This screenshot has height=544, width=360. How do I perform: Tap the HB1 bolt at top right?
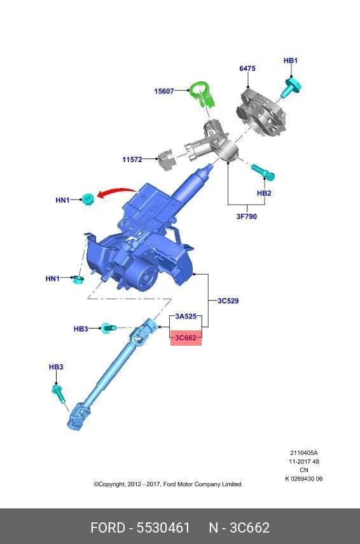click(x=291, y=88)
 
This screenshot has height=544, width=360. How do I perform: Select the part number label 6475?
click(x=247, y=69)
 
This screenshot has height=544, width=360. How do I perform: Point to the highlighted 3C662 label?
click(x=186, y=337)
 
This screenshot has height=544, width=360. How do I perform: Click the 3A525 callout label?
click(x=186, y=316)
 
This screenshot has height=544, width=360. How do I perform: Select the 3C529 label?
click(x=228, y=301)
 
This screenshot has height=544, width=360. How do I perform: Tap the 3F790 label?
click(x=247, y=217)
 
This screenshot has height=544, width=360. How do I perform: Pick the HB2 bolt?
click(x=263, y=172)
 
